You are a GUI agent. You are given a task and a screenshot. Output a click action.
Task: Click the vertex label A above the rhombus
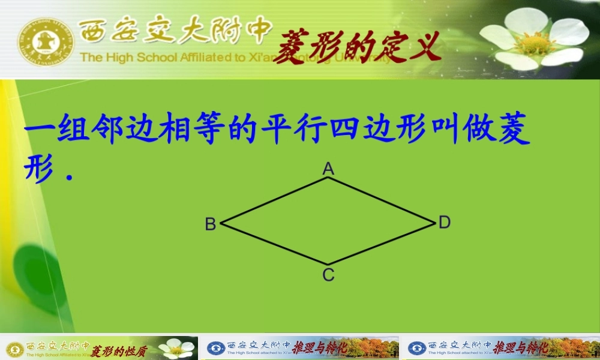328,169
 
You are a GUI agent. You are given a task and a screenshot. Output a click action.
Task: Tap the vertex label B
211,224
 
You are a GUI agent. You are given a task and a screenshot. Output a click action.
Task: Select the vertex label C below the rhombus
328,275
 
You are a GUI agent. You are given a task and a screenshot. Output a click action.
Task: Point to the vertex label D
444,223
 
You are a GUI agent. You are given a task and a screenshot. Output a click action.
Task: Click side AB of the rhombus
275,200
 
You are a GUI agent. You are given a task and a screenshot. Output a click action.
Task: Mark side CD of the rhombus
381,243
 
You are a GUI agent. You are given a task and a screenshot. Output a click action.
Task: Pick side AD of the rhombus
381,200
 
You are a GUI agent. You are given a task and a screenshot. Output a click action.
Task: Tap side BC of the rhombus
275,244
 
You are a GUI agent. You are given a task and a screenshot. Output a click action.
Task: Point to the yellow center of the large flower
533,43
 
